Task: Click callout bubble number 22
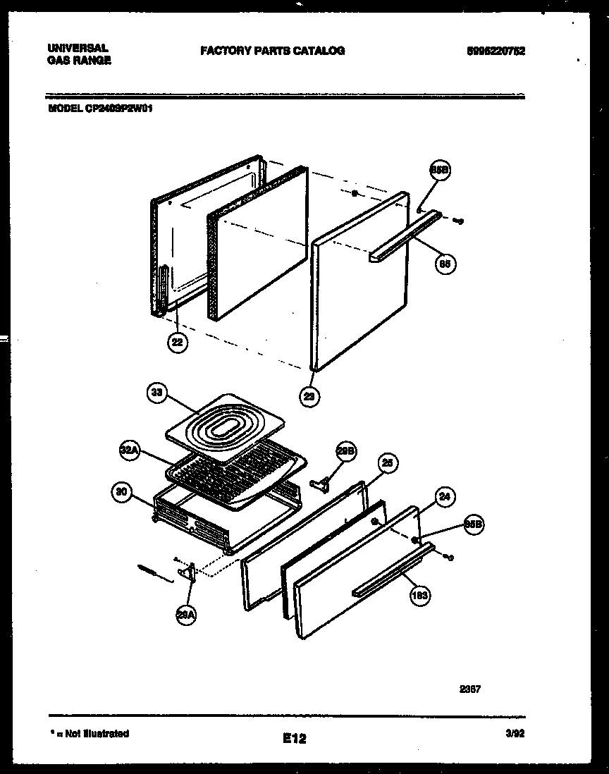pyautogui.click(x=178, y=343)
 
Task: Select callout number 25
pyautogui.click(x=387, y=463)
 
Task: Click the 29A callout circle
pyautogui.click(x=187, y=615)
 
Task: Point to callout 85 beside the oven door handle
pyautogui.click(x=445, y=264)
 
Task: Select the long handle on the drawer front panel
pyautogui.click(x=393, y=570)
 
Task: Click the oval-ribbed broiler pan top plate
pyautogui.click(x=226, y=428)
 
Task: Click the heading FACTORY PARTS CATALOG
pyautogui.click(x=272, y=51)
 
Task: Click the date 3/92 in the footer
pyautogui.click(x=516, y=734)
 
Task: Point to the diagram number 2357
pyautogui.click(x=470, y=689)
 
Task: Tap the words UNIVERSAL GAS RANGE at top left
pyautogui.click(x=78, y=54)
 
